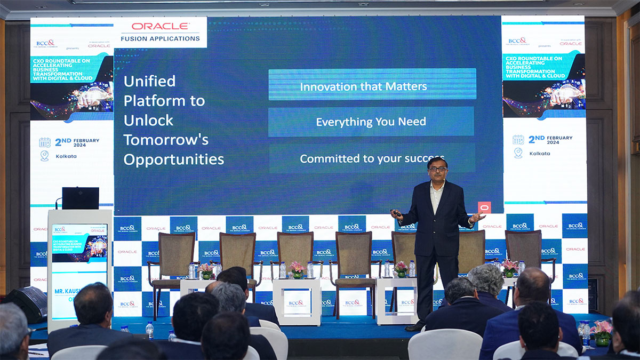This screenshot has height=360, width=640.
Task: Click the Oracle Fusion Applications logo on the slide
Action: [160, 31]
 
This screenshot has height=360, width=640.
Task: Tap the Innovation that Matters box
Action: [372, 86]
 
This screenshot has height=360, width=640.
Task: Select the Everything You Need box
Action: [371, 122]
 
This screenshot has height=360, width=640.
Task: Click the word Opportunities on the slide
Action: [173, 159]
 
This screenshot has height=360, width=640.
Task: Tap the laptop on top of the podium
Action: [80, 198]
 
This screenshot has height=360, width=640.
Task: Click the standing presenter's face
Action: [437, 170]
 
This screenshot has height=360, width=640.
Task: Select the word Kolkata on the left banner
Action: [66, 156]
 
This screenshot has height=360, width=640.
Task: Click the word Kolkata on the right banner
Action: [540, 154]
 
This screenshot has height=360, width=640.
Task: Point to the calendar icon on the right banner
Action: [518, 140]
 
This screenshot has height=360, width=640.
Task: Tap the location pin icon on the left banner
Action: [44, 156]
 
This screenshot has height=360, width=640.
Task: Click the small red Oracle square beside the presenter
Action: [484, 207]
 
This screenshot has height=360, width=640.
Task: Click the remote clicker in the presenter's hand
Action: [396, 213]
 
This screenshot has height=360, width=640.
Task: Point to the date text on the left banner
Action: [77, 141]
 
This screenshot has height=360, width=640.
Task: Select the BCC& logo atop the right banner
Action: [517, 41]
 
